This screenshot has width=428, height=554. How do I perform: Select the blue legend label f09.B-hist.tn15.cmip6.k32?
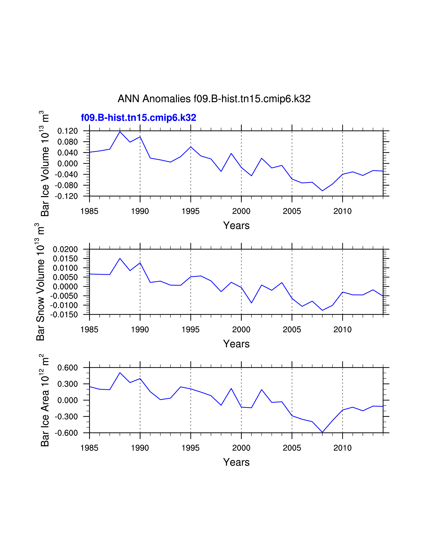(x=138, y=118)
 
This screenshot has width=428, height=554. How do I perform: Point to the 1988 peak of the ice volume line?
(x=120, y=131)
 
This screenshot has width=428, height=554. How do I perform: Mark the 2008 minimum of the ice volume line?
(x=322, y=191)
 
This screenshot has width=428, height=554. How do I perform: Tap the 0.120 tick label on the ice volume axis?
(x=67, y=131)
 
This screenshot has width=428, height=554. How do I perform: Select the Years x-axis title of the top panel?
(x=236, y=225)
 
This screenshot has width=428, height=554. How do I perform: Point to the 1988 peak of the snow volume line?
(x=120, y=259)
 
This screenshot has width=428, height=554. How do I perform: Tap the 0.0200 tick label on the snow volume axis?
(x=65, y=249)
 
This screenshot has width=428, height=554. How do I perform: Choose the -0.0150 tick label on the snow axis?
(x=64, y=315)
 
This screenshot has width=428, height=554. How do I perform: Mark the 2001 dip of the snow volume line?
(x=251, y=303)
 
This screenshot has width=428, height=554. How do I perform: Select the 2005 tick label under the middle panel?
(x=292, y=330)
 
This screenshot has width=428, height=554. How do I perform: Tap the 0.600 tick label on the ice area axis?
(x=67, y=367)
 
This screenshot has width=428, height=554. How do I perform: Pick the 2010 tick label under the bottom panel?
(x=342, y=448)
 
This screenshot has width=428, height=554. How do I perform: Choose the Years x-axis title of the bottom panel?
(x=236, y=462)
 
